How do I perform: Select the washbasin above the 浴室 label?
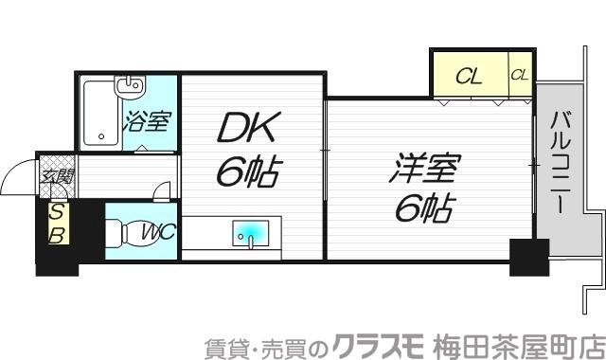click(x=129, y=89)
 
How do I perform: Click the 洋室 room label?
click(x=423, y=171)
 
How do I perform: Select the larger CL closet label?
click(x=469, y=75)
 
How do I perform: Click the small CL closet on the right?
click(x=520, y=74)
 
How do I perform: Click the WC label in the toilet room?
click(x=157, y=231)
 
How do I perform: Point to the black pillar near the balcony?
click(x=528, y=255)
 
